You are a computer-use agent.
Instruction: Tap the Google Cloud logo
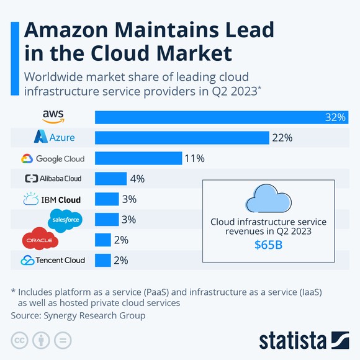pos(53,158)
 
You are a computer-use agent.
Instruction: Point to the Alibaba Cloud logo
pos(53,179)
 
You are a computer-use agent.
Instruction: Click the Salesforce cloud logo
pos(65,218)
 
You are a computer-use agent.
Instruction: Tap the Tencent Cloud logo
pos(53,260)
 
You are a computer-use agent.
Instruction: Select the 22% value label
pos(282,138)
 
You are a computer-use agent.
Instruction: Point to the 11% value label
pos(194,158)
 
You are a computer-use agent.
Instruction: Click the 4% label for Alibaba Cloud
pos(137,179)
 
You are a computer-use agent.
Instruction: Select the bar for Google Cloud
pos(138,158)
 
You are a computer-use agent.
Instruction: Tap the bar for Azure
pos(181,138)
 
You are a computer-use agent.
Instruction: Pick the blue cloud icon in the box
pos(268,199)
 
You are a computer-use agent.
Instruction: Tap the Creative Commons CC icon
pos(20,340)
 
